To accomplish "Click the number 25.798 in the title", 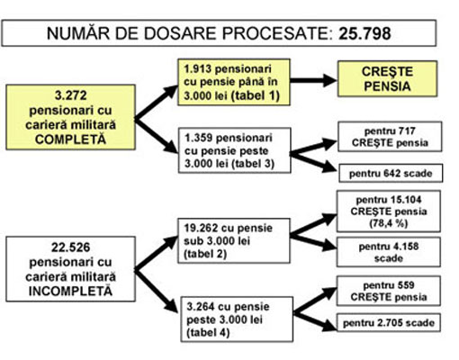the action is (364, 33).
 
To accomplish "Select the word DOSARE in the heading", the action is (179, 33).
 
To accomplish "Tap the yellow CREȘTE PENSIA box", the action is (387, 79).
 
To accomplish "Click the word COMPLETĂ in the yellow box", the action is (70, 139).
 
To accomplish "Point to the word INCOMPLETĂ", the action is (70, 292).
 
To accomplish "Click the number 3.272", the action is (70, 95).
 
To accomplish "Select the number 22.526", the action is (70, 247).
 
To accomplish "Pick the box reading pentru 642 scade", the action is (391, 173).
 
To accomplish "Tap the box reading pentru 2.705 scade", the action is (389, 323).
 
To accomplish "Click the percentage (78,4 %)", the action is (389, 223).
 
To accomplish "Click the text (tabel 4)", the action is (208, 333).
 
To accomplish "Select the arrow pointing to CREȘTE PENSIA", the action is (313, 80).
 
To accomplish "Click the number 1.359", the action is (199, 138).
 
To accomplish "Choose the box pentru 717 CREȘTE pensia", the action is (390, 137).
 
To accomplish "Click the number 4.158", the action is (403, 247).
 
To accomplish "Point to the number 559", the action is (405, 285).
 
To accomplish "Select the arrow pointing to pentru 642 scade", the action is (312, 162).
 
